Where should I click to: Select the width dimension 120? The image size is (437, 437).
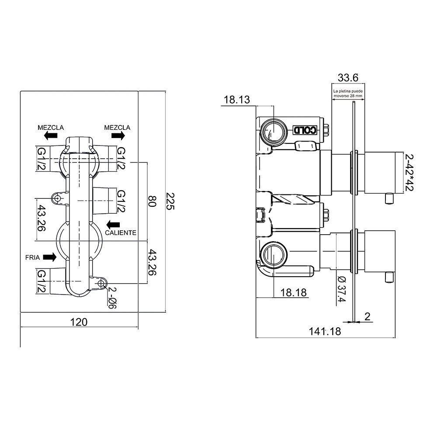tap(79, 322)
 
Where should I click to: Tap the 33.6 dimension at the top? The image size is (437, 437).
tap(348, 78)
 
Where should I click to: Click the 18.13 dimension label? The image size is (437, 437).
tap(237, 100)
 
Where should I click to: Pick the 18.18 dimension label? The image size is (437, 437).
tap(294, 292)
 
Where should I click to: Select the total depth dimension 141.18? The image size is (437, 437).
tap(325, 331)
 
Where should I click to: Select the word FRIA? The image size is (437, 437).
tap(32, 257)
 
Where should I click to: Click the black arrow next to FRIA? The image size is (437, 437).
tap(49, 257)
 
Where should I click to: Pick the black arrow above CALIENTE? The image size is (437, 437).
tap(113, 224)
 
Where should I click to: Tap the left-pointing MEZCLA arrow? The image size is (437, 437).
tap(51, 136)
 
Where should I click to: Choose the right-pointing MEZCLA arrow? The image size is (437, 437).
tap(118, 136)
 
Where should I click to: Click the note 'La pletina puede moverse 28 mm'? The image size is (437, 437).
tap(348, 94)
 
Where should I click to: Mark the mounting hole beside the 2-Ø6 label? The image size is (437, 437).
tap(101, 284)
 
